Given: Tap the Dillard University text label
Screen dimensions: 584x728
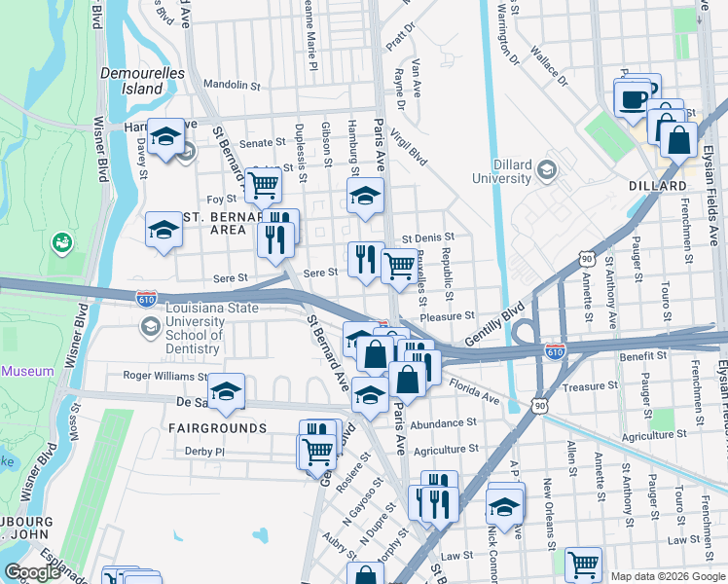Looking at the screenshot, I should click(x=502, y=170).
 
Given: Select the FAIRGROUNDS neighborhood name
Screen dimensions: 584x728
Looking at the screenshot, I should click(x=216, y=428).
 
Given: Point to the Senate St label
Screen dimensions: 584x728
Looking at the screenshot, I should click(x=262, y=143).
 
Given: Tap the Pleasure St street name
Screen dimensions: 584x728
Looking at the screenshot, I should click(x=447, y=315).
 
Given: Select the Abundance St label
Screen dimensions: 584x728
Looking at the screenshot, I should click(x=443, y=423).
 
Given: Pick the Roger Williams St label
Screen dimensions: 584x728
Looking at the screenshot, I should click(x=164, y=375).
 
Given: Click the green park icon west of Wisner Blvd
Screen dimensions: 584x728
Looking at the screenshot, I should click(x=61, y=240).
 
